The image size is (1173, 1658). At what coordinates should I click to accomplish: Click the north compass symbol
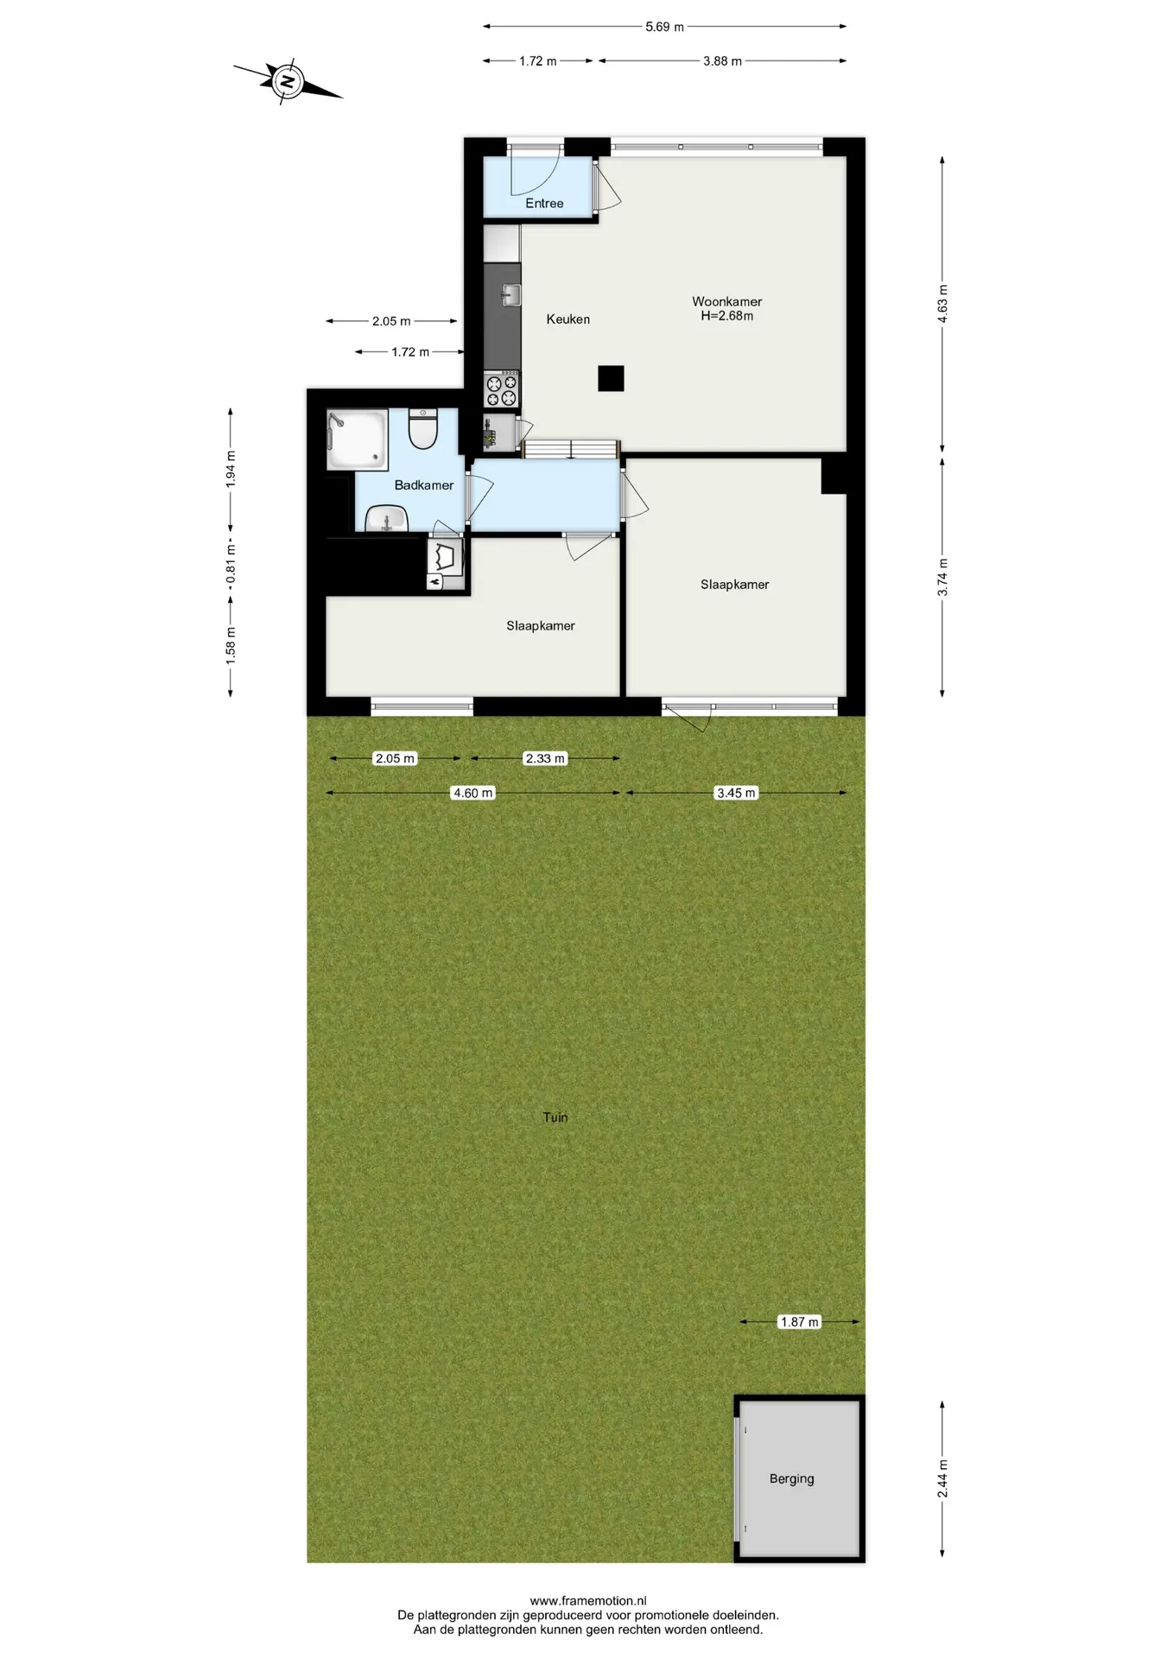[x=288, y=83]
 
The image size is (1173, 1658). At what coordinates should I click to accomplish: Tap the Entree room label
[x=544, y=203]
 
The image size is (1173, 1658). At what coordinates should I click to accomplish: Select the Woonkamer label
[x=726, y=301]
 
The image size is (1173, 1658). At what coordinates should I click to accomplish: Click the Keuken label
[x=567, y=319]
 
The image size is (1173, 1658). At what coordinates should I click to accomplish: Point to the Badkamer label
[x=423, y=484]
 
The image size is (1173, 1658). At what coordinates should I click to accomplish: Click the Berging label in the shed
[x=791, y=1478]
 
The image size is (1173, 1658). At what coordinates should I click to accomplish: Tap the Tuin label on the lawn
[x=555, y=1117]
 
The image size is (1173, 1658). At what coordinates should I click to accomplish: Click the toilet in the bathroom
[x=423, y=428]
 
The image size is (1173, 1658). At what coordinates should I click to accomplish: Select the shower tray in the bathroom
[x=357, y=440]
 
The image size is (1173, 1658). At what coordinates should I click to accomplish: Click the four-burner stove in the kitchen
[x=502, y=389]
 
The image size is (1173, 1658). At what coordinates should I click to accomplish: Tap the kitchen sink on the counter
[x=510, y=294]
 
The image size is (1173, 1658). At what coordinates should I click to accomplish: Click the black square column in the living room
[x=611, y=378]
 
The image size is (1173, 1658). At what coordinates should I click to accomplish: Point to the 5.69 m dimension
[x=664, y=27]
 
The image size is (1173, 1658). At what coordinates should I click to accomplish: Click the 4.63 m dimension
[x=942, y=304]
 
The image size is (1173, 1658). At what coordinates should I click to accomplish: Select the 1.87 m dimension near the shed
[x=799, y=1321]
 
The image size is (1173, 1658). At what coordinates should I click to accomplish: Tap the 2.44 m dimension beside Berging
[x=942, y=1478]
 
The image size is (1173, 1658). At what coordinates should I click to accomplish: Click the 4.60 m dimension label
[x=473, y=793]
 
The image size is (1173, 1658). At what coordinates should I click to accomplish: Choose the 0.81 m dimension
[x=231, y=562]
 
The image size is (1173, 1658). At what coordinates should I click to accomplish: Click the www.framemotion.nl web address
[x=588, y=1600]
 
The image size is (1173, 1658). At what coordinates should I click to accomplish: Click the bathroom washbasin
[x=386, y=519]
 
